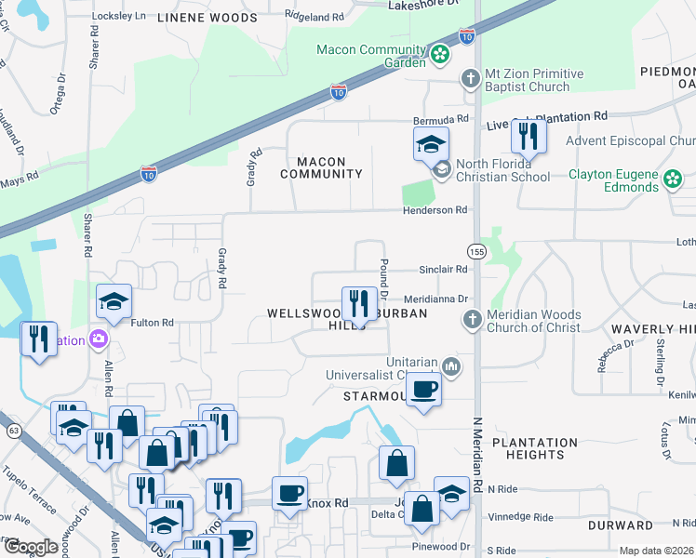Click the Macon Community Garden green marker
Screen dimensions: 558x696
(x=440, y=56)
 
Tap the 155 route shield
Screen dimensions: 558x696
(x=476, y=251)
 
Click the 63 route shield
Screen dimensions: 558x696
(x=12, y=431)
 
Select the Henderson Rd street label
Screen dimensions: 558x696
(x=435, y=211)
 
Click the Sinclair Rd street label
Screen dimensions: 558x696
(x=443, y=269)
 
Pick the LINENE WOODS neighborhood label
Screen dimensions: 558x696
(x=207, y=18)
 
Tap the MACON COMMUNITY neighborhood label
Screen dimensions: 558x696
(x=321, y=167)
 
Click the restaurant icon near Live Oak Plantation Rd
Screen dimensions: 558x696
(x=528, y=137)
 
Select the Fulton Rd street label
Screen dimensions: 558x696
(x=153, y=323)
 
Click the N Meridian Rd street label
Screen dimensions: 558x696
(x=478, y=446)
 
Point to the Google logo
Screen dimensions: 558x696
(x=31, y=547)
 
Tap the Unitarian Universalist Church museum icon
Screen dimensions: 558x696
(x=452, y=365)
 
